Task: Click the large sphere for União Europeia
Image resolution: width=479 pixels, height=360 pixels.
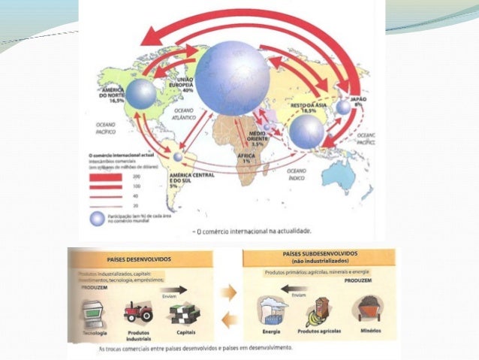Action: (x=232, y=77)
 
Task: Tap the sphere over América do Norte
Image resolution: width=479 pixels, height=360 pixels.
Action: (x=140, y=94)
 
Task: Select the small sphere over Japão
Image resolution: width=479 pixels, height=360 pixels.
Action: (x=343, y=107)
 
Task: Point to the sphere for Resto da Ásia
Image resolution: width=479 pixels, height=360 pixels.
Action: (x=306, y=132)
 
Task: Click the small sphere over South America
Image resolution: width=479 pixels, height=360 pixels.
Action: (x=177, y=157)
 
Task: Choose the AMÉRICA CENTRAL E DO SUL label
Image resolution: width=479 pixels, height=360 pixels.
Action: (x=193, y=179)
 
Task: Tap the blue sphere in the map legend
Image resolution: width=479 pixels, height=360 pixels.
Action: (x=95, y=218)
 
